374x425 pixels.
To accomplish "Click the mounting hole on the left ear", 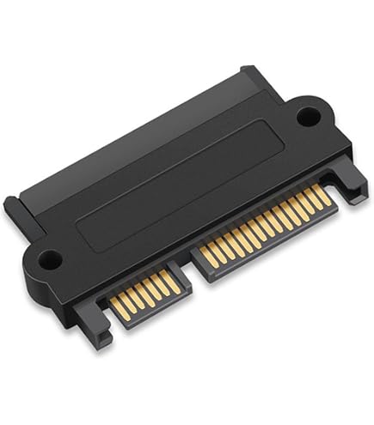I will pyautogui.click(x=49, y=256).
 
